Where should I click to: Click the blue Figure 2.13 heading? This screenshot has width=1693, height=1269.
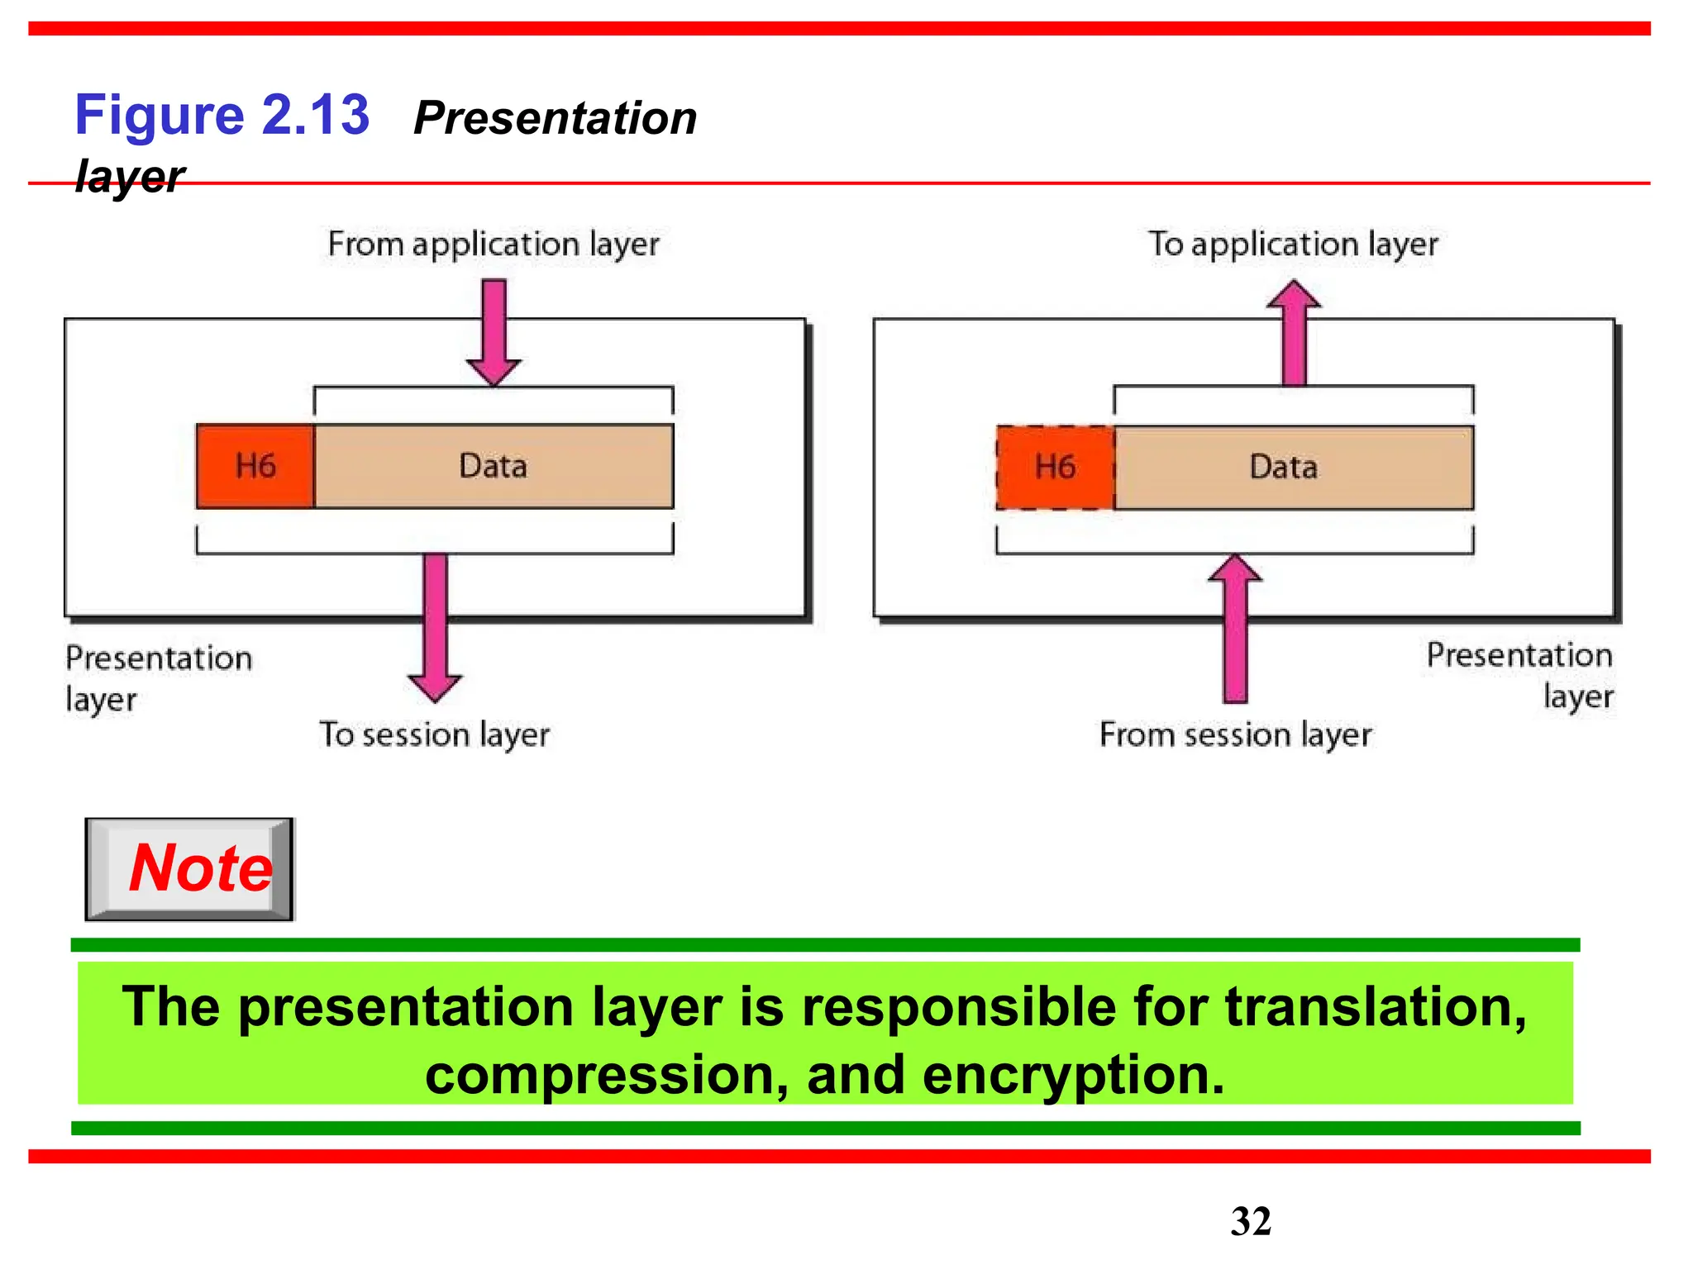[x=222, y=115]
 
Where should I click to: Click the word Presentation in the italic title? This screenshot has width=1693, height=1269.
[x=555, y=118]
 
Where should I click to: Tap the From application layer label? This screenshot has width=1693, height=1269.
[x=494, y=245]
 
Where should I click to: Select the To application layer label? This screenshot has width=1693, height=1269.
[x=1293, y=245]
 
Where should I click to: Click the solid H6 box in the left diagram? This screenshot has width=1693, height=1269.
[x=255, y=466]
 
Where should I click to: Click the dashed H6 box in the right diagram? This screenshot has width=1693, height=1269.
[x=1055, y=468]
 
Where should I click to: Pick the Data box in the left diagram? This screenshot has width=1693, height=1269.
[x=494, y=466]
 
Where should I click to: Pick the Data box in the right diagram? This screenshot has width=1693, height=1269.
[x=1284, y=468]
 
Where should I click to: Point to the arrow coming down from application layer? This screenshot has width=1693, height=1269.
[x=494, y=330]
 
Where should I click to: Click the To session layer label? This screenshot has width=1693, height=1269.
[x=435, y=734]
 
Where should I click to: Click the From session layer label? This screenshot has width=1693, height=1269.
[x=1235, y=734]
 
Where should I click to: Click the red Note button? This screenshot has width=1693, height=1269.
[x=190, y=869]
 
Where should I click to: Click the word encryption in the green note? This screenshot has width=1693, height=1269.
[x=1072, y=1075]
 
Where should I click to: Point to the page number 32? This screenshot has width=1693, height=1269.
[x=1250, y=1221]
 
